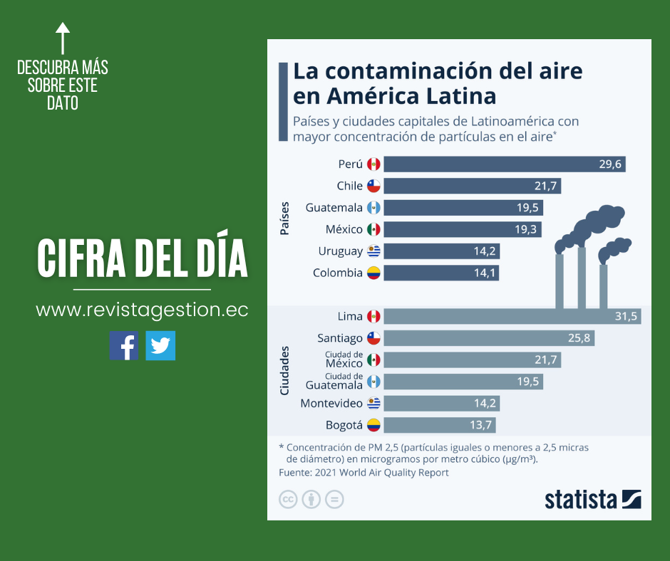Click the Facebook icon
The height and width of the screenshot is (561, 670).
tap(124, 345)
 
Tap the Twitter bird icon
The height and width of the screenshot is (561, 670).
tap(160, 345)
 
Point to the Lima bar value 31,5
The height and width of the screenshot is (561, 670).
tap(626, 317)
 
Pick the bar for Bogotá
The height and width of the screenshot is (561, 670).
tap(439, 426)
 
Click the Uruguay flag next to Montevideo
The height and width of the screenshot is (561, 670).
tap(373, 404)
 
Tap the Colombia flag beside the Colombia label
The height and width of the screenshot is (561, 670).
tap(373, 273)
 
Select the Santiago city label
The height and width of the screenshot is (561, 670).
tap(340, 339)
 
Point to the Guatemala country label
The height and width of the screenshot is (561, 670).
tap(334, 208)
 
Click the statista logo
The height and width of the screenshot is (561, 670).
tap(592, 499)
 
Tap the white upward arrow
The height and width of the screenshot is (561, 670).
tap(63, 37)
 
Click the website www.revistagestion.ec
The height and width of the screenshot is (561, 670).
tap(142, 310)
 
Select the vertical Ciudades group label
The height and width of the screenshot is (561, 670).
tap(284, 370)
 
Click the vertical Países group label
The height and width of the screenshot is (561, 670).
tap(284, 218)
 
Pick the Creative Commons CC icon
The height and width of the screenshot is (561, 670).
tap(288, 499)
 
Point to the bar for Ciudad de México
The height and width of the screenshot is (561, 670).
tap(472, 360)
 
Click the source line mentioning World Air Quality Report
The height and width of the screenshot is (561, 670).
tap(364, 473)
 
